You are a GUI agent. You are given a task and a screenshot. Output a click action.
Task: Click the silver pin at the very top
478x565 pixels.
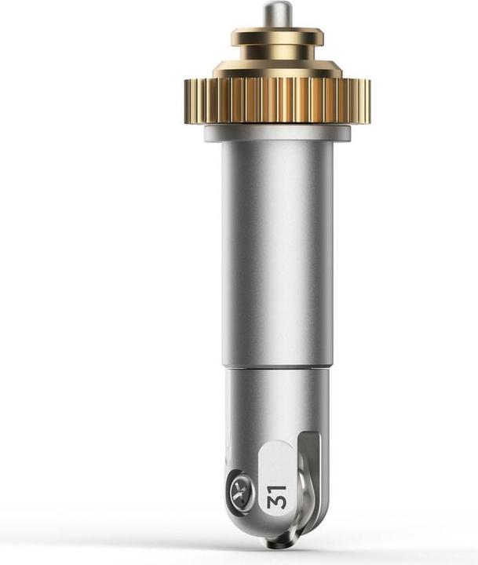[277, 13]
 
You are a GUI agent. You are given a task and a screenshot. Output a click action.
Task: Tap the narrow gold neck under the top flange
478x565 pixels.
[277, 53]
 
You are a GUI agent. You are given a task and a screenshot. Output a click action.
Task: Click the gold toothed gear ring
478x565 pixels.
[277, 101]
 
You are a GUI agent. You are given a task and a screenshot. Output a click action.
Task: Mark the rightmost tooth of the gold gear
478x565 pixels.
[368, 101]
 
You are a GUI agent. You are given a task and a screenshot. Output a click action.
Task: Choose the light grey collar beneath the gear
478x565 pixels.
[277, 133]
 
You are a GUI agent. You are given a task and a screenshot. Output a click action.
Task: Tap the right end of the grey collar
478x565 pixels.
[349, 133]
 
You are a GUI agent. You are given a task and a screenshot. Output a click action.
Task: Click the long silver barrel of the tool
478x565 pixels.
[277, 252]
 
